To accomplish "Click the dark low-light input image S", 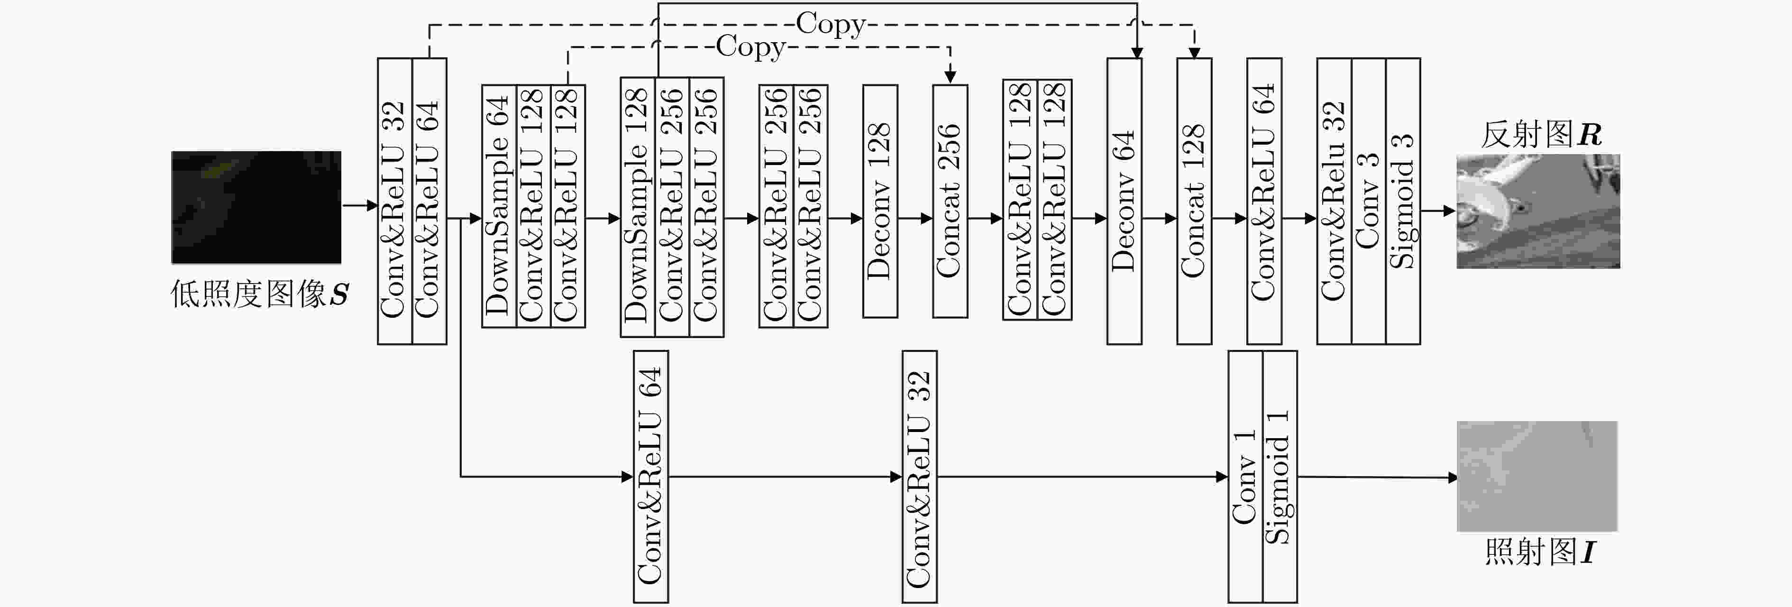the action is (x=256, y=207).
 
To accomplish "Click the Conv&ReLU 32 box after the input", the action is (x=395, y=201).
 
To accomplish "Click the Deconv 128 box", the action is (x=880, y=201).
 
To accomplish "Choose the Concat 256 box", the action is (x=950, y=201).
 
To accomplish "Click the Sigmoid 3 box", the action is (x=1403, y=201).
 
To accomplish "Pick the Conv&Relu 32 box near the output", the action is (x=1334, y=201).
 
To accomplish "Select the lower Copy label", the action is (x=750, y=47).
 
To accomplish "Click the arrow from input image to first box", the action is (x=360, y=205).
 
